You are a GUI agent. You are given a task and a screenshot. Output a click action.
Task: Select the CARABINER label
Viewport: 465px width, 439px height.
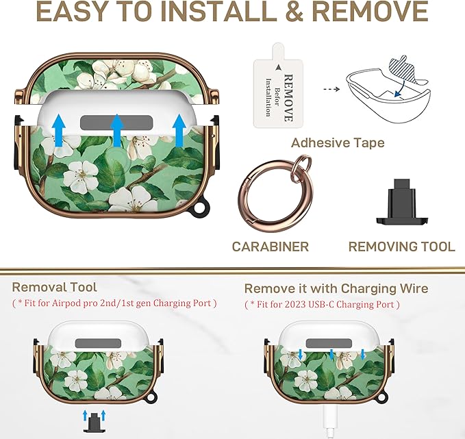[x=270, y=247]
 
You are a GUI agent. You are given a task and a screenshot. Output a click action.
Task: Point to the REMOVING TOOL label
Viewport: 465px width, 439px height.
[x=401, y=247]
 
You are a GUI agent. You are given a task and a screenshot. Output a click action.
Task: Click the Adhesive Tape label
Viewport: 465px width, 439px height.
[x=338, y=143]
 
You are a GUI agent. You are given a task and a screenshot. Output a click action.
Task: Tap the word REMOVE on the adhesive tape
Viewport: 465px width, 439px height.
[x=288, y=98]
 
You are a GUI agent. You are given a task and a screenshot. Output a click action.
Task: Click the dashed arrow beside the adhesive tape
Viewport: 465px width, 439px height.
[x=331, y=89]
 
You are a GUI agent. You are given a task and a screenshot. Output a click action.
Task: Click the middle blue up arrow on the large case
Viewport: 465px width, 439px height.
[x=117, y=131]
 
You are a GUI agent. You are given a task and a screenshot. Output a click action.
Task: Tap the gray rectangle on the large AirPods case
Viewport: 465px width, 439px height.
[x=116, y=123]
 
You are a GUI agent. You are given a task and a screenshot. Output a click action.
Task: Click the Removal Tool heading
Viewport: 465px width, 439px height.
[x=54, y=287]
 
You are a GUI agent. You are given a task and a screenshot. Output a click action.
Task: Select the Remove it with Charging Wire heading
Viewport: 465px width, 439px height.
[x=336, y=288]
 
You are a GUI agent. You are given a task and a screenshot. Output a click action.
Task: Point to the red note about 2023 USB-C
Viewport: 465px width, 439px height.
[x=322, y=304]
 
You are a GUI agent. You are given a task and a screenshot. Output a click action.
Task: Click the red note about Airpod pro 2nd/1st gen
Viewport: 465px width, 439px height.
[x=114, y=303]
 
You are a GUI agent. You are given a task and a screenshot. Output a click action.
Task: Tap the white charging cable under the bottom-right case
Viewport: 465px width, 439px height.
[x=330, y=421]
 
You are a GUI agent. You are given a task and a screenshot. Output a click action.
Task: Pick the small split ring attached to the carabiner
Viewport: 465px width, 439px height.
[x=302, y=164]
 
